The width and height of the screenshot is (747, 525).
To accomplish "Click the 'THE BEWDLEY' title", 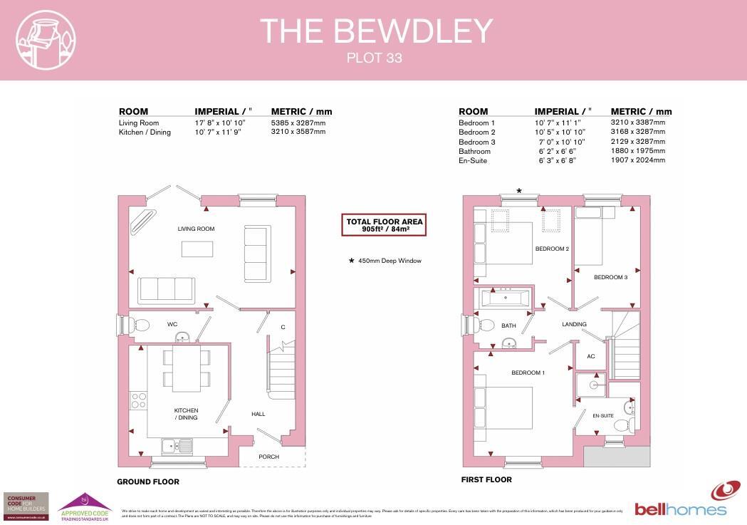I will [x=376, y=31].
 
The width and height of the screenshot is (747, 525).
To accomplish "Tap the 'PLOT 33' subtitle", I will [x=375, y=58].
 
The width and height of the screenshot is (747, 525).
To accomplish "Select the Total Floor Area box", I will [x=385, y=225].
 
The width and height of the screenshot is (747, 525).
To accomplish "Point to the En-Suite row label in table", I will [x=474, y=161].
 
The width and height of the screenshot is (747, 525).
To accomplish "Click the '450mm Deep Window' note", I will [x=385, y=261].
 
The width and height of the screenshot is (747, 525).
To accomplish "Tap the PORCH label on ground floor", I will [x=269, y=457].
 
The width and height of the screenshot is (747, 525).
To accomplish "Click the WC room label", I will [x=172, y=324].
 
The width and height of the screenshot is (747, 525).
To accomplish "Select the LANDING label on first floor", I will [x=574, y=324].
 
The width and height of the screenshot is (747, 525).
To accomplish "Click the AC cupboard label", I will [x=590, y=356].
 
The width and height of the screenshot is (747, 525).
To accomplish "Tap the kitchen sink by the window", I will [x=177, y=446].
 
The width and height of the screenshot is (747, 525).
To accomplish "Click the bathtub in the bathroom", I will [x=506, y=298].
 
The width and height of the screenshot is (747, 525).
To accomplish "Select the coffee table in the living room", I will [x=197, y=249].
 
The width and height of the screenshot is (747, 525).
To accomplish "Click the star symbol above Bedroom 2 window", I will [x=519, y=191].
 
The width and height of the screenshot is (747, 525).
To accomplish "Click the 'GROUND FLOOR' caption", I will [x=148, y=482].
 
